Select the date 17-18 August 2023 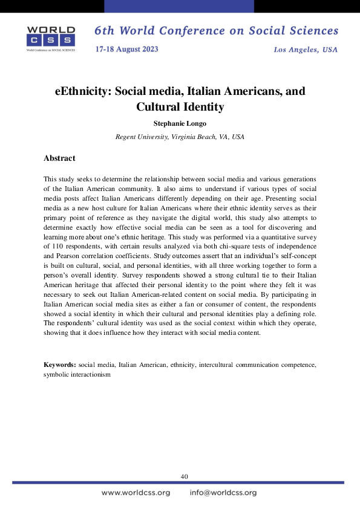pyautogui.click(x=126, y=49)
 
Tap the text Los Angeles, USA pyautogui.click(x=306, y=49)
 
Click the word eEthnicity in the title pyautogui.click(x=82, y=92)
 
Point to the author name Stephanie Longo pyautogui.click(x=180, y=123)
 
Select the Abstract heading pyautogui.click(x=59, y=158)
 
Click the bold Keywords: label pyautogui.click(x=60, y=365)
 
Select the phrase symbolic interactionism pyautogui.click(x=77, y=375)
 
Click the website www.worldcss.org pyautogui.click(x=136, y=493)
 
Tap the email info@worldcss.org pyautogui.click(x=223, y=493)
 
